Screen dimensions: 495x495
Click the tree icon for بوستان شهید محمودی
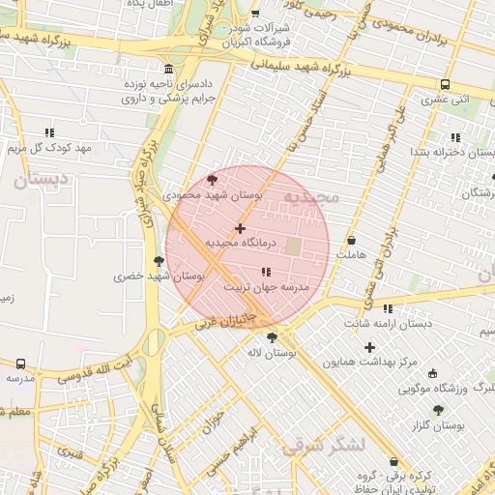(x=213, y=179)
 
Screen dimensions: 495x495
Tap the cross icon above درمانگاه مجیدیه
(x=240, y=228)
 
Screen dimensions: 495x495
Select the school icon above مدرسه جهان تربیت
(x=266, y=272)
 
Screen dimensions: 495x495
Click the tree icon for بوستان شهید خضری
(x=159, y=260)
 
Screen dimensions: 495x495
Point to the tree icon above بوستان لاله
(x=271, y=337)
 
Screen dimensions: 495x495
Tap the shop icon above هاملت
(x=350, y=240)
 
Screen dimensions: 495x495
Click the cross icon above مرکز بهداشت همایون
(x=369, y=346)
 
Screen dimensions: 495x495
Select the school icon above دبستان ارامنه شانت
(x=388, y=308)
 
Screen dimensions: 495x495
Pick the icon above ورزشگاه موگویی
(x=432, y=373)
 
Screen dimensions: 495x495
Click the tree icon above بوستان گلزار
(x=438, y=410)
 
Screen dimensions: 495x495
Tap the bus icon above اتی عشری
(x=445, y=84)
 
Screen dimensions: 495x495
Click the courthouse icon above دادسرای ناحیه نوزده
(x=169, y=70)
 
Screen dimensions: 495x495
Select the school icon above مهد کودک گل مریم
(x=48, y=132)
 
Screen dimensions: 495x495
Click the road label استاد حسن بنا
(x=307, y=121)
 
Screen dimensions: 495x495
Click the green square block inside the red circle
(x=292, y=247)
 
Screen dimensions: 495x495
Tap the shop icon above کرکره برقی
(x=393, y=461)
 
